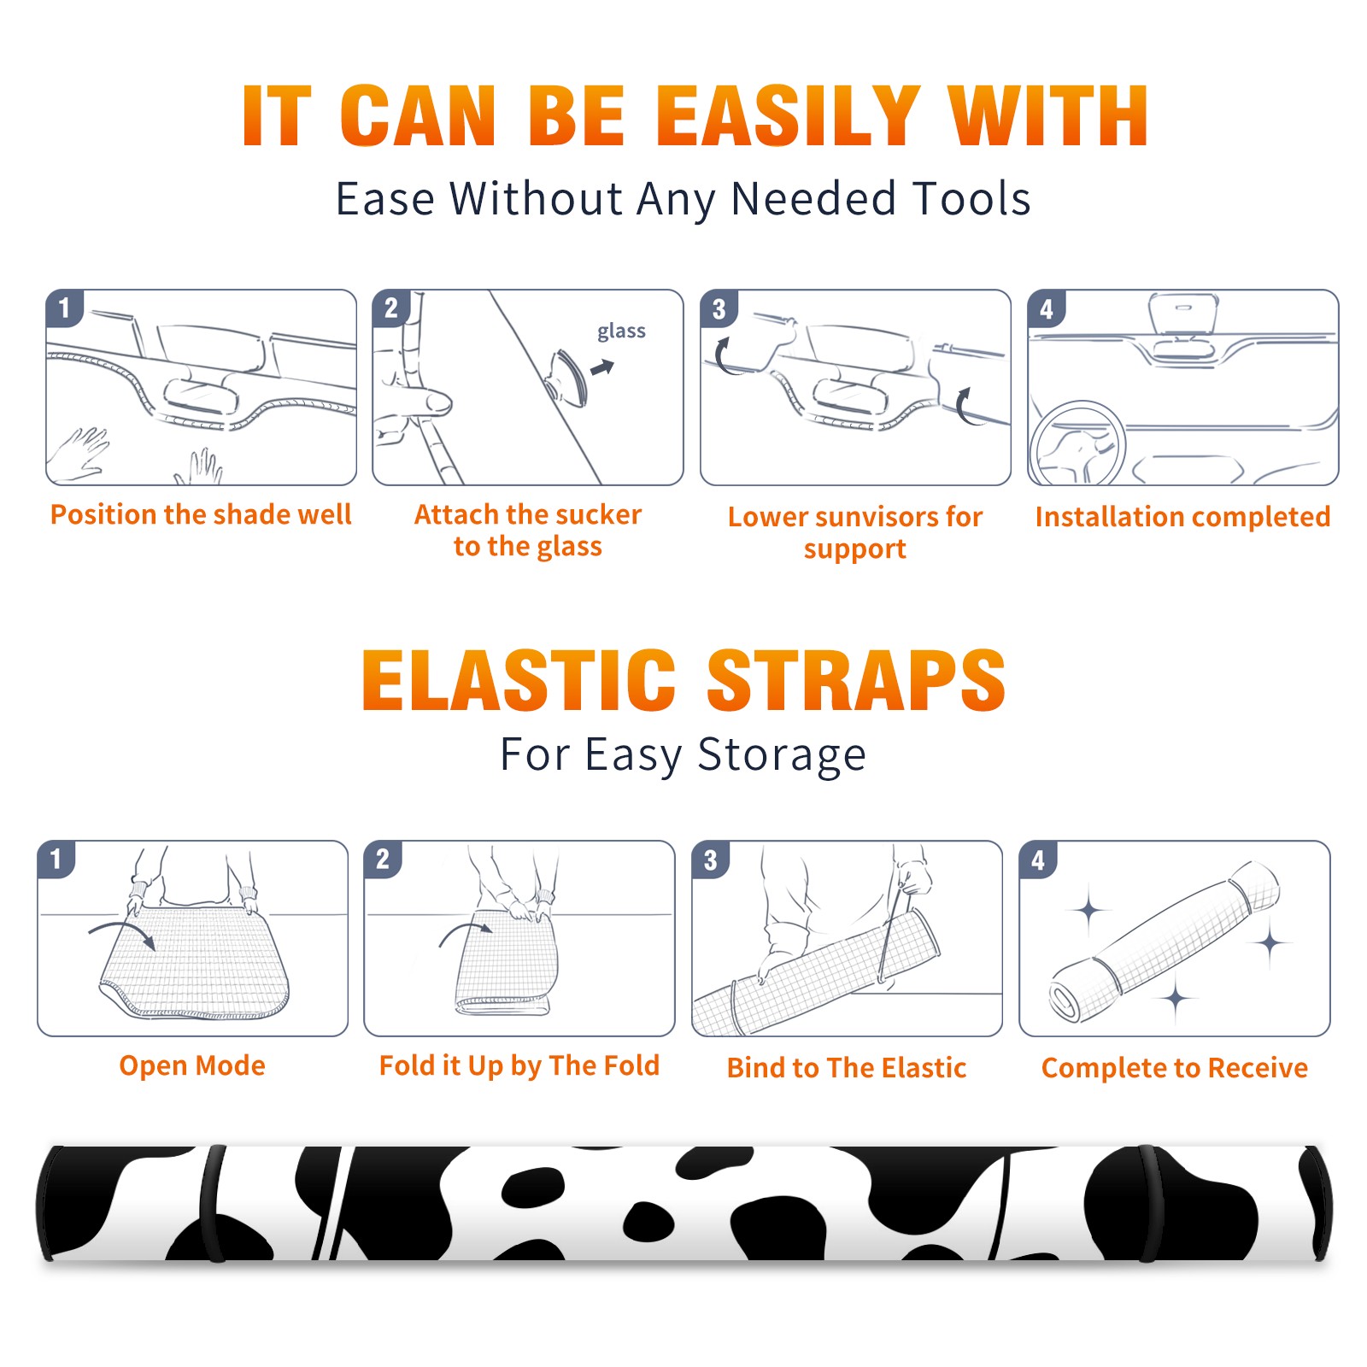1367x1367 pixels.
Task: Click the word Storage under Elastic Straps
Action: (x=782, y=755)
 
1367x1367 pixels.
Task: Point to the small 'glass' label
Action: (x=621, y=331)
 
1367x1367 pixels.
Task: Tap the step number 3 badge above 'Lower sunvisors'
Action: (x=719, y=308)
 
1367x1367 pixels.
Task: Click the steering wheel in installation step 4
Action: (x=1078, y=443)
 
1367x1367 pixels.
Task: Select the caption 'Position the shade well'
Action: (x=201, y=514)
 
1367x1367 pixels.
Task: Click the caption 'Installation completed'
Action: (x=1182, y=517)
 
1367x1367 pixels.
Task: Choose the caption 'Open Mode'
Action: (x=192, y=1065)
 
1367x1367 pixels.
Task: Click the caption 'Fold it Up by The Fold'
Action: (x=519, y=1065)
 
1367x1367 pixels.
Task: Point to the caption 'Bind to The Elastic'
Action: (x=847, y=1068)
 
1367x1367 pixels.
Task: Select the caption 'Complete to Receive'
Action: (x=1175, y=1068)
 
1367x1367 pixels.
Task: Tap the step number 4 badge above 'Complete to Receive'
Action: (x=1038, y=860)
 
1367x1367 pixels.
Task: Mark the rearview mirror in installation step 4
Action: (x=1183, y=314)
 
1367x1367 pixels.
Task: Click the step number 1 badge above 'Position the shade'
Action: (x=64, y=308)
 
